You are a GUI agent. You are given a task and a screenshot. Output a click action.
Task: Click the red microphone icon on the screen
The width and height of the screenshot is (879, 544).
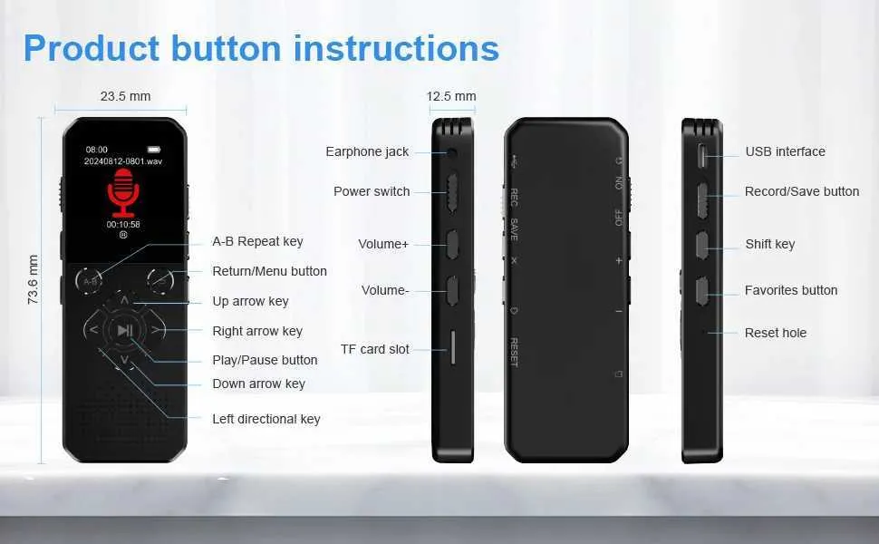pyautogui.click(x=123, y=192)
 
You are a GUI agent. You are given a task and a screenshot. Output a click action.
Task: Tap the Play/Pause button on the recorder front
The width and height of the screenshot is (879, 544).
pyautogui.click(x=125, y=330)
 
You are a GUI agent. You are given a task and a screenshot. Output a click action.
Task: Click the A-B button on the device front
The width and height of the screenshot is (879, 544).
pyautogui.click(x=89, y=280)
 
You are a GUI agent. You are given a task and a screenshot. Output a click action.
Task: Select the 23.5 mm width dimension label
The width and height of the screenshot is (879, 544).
pyautogui.click(x=126, y=96)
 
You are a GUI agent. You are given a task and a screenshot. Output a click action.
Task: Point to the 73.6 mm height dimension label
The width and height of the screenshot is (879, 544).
pyautogui.click(x=33, y=279)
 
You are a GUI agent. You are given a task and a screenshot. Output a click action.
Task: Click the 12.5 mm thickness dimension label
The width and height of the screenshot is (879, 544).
pyautogui.click(x=451, y=96)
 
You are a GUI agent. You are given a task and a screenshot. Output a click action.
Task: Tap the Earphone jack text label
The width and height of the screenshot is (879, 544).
pyautogui.click(x=367, y=151)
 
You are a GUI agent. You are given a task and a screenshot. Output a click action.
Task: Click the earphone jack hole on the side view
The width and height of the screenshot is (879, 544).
pyautogui.click(x=451, y=152)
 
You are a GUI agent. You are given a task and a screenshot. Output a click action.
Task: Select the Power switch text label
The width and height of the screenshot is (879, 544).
pyautogui.click(x=372, y=191)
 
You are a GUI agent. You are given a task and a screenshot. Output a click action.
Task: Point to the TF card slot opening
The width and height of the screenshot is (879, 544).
pyautogui.click(x=453, y=347)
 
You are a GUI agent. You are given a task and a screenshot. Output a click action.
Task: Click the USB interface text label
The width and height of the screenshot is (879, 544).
pyautogui.click(x=786, y=151)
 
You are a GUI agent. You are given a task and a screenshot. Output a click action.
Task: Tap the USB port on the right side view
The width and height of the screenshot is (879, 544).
pyautogui.click(x=702, y=155)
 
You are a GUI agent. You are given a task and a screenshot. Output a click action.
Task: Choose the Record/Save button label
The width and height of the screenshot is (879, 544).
pyautogui.click(x=802, y=191)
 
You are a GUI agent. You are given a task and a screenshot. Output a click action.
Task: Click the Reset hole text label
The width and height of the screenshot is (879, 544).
pyautogui.click(x=776, y=333)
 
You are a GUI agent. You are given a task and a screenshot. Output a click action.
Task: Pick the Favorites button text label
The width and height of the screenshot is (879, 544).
pyautogui.click(x=791, y=290)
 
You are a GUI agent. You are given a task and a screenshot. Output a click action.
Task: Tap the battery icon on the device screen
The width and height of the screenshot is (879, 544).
pyautogui.click(x=154, y=150)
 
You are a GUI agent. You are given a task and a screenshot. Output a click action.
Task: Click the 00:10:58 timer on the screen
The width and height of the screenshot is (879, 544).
pyautogui.click(x=123, y=224)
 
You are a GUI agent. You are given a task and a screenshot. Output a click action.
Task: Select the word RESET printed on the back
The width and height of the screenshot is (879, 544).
pyautogui.click(x=514, y=352)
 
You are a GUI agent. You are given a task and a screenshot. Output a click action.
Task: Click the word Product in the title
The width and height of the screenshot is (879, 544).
pyautogui.click(x=92, y=49)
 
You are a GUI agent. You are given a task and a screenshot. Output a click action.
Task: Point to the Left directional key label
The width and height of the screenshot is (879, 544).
pyautogui.click(x=266, y=419)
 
